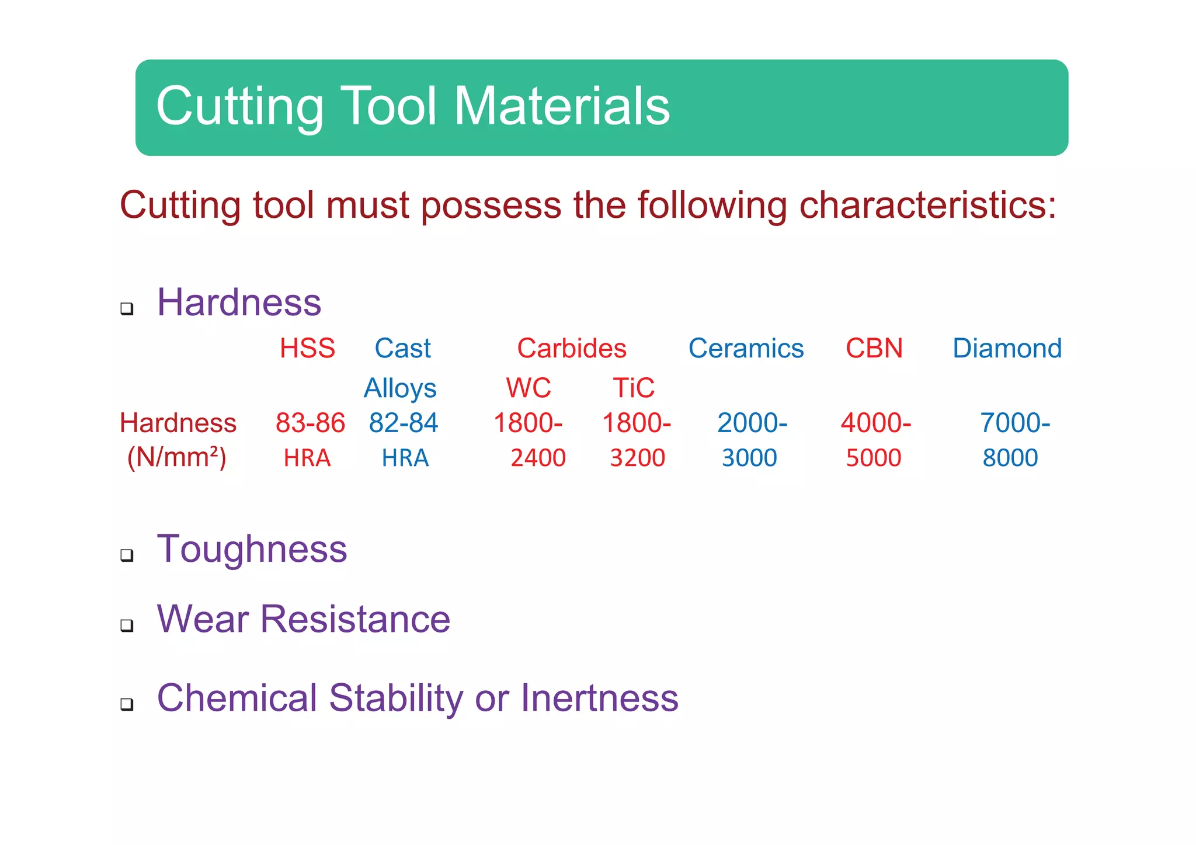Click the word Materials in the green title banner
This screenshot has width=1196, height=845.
tap(562, 106)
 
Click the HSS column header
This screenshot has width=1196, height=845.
tap(307, 349)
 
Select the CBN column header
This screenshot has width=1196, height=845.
tap(874, 349)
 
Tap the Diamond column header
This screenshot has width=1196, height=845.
tap(1007, 349)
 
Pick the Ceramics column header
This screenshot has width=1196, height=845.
tap(746, 349)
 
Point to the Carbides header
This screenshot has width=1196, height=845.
tap(572, 349)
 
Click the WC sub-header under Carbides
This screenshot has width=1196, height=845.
tap(529, 388)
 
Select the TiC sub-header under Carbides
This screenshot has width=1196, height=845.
tap(634, 388)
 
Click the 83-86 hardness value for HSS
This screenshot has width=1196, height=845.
tap(310, 423)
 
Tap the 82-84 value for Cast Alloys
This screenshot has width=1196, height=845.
tap(403, 423)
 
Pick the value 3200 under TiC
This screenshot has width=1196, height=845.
tap(637, 458)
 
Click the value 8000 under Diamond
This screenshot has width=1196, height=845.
tap(1010, 458)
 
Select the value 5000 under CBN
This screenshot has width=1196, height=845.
tap(874, 458)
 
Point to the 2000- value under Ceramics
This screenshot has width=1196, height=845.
tap(752, 423)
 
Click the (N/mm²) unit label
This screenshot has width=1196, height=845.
tap(176, 457)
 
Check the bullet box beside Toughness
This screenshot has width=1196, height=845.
tap(127, 555)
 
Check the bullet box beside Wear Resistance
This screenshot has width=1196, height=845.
tap(127, 625)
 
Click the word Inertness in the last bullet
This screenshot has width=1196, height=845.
tap(599, 698)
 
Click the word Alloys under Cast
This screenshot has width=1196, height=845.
tap(400, 388)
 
